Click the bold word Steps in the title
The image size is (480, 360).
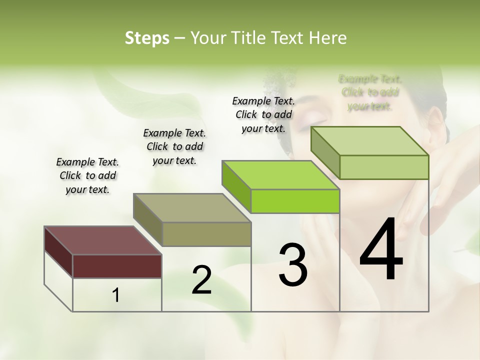pos(147,38)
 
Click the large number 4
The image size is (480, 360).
pos(381,249)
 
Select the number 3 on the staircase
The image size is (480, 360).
pos(293,265)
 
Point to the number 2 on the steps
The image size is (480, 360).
pos(201,280)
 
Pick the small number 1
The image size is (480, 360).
pos(116,295)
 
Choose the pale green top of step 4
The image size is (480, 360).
pos(369,141)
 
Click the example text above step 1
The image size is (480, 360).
pos(87,175)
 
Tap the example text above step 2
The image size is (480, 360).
pos(174,146)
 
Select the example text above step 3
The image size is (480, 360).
pos(263,114)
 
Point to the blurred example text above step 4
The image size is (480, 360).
pos(370,92)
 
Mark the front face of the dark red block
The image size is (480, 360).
pos(117,266)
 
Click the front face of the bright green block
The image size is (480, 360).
pos(295,201)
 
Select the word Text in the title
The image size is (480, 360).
pos(290,38)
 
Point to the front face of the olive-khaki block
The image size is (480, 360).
pos(206,234)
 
